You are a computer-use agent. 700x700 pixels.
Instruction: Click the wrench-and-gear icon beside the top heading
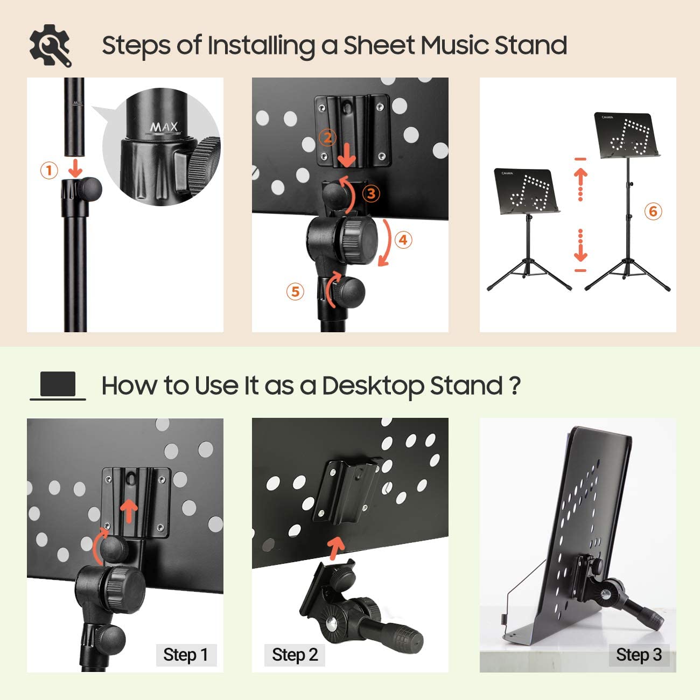tap(50, 45)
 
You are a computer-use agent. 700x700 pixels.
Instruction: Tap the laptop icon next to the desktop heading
tap(58, 386)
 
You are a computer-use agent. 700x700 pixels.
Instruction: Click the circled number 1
tap(49, 171)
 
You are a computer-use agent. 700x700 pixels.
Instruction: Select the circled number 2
tap(327, 138)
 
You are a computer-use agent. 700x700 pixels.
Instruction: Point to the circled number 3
tap(371, 193)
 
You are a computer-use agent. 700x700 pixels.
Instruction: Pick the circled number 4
tap(403, 240)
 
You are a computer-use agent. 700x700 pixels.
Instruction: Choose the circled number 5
tap(295, 291)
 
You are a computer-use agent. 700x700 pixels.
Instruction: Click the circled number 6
tap(653, 211)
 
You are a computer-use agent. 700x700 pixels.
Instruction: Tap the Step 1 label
tap(186, 655)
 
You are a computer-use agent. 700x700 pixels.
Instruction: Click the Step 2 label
tap(295, 655)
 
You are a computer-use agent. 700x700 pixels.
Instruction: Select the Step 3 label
tap(639, 655)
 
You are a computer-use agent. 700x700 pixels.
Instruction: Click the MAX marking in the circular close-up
tap(164, 127)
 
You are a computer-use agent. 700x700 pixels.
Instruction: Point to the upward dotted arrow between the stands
tap(580, 183)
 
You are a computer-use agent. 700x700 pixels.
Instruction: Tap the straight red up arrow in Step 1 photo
tap(129, 512)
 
